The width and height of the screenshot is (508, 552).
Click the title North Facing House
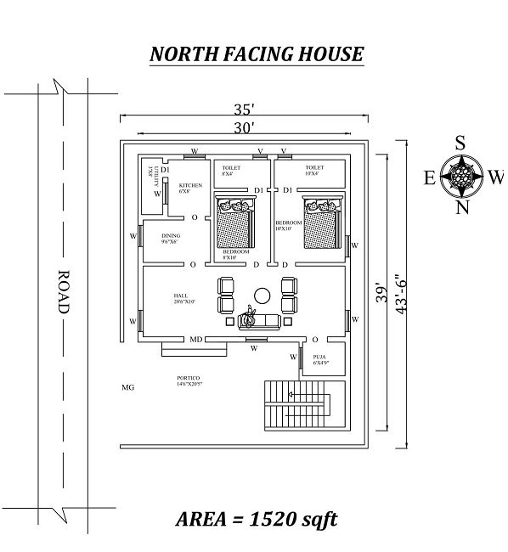point(257,54)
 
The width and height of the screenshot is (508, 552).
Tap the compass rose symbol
point(460,176)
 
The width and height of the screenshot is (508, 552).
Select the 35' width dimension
point(246,109)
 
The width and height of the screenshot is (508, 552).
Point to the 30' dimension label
point(246,127)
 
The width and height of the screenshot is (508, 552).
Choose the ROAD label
point(62,293)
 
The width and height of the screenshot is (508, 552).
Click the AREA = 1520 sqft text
point(257,518)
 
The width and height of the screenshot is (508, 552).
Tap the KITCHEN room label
point(190,186)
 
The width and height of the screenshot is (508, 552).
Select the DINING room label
point(171,237)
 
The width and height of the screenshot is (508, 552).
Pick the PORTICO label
point(189,379)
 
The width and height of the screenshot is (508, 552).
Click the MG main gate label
point(128,387)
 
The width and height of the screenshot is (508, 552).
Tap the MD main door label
point(195,340)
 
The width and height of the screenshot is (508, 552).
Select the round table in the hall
point(262,295)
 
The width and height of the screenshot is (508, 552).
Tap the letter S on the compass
point(460,143)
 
